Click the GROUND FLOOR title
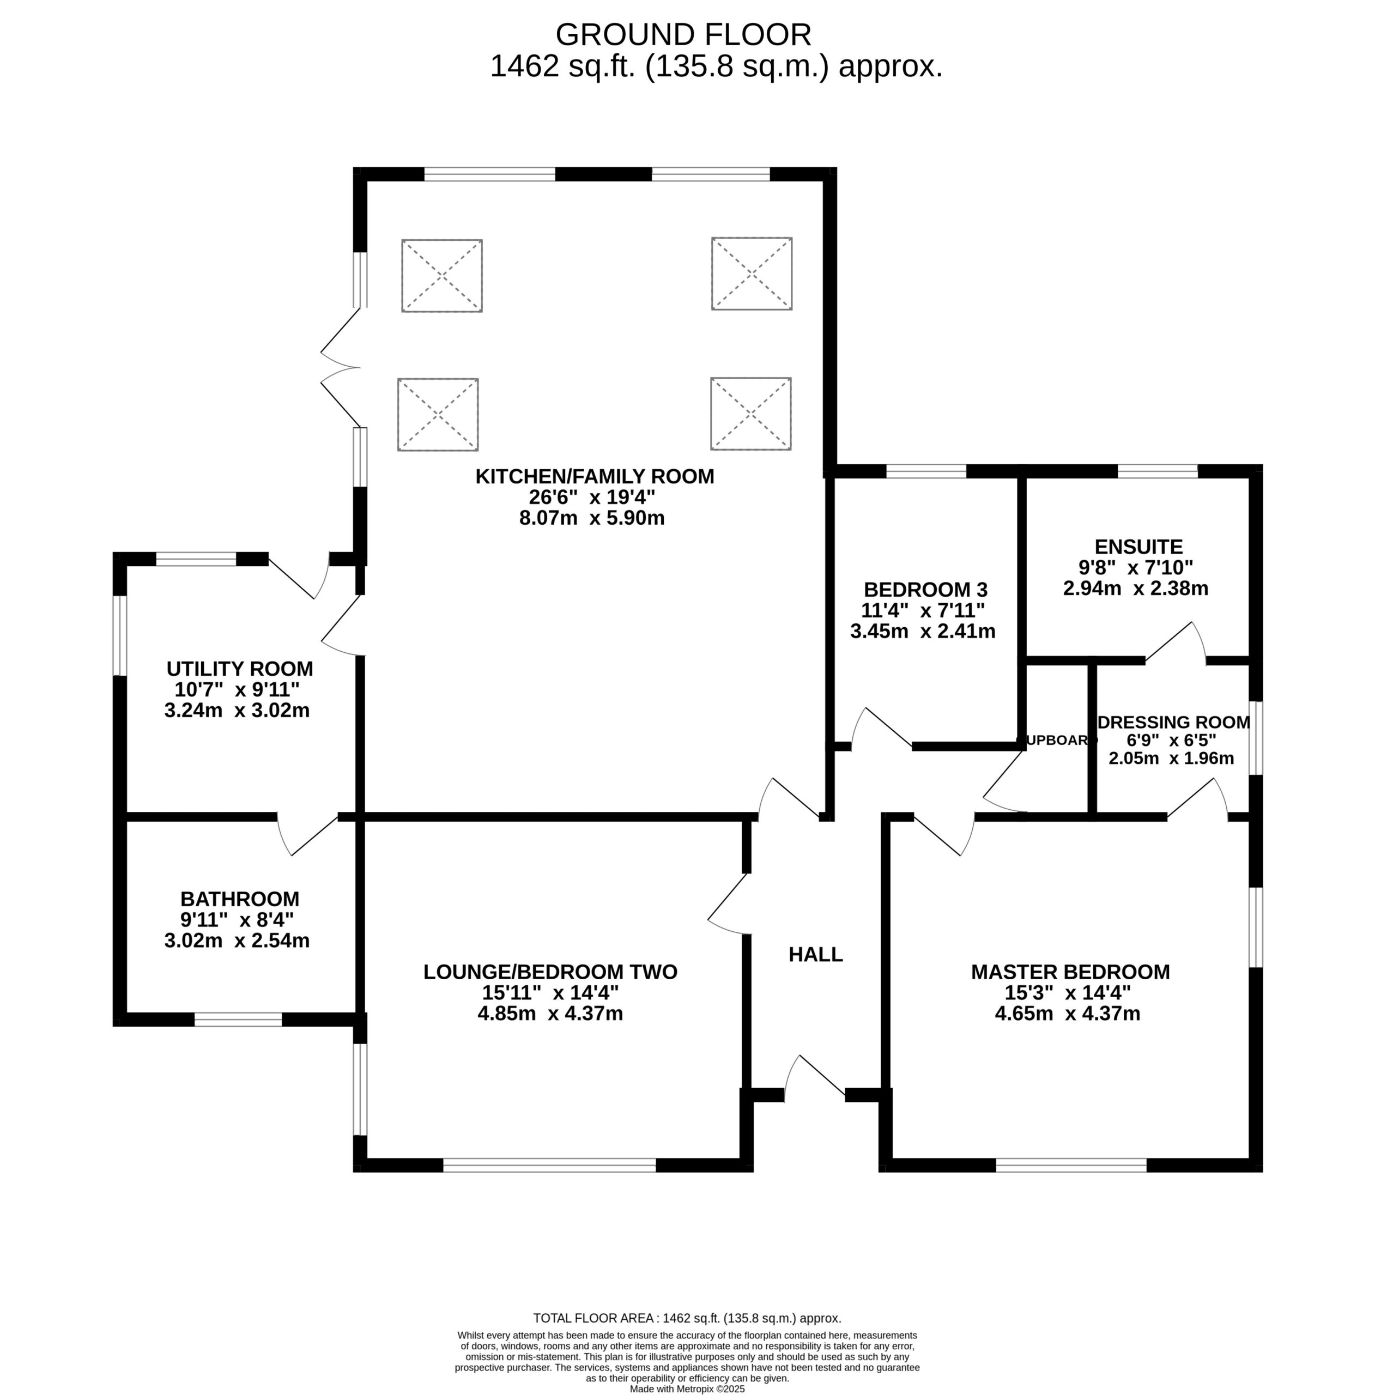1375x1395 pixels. [x=683, y=35]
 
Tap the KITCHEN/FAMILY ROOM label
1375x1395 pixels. [x=595, y=477]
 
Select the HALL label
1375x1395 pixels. [x=815, y=955]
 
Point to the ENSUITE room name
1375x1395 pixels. [x=1138, y=547]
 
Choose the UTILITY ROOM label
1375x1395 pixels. [x=240, y=669]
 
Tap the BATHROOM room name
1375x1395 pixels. [x=240, y=899]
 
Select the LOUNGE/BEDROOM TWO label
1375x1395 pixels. [x=550, y=972]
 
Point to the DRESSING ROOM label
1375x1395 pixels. [x=1173, y=722]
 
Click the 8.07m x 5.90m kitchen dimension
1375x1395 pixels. [x=592, y=518]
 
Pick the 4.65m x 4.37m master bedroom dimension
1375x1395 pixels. [x=1068, y=1014]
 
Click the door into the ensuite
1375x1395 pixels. [x=1176, y=642]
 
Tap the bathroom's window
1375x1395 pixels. [x=238, y=1020]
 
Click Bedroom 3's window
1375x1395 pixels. [x=926, y=471]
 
